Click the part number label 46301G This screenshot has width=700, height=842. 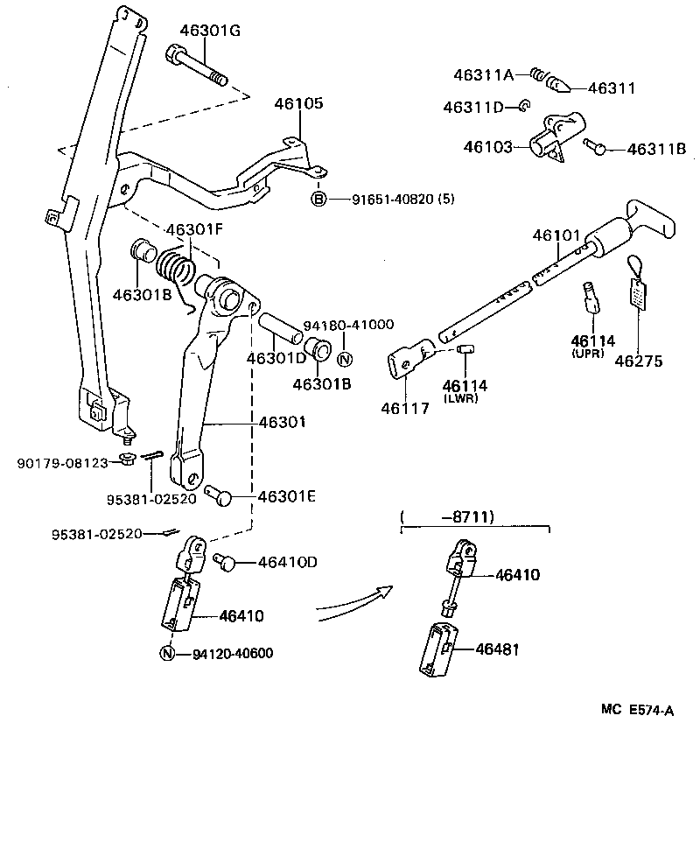210,31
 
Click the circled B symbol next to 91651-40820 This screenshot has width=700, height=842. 318,200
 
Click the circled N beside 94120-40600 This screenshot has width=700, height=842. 168,653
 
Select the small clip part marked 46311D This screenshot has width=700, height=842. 522,107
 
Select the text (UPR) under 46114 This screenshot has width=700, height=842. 593,353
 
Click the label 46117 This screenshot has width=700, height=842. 405,407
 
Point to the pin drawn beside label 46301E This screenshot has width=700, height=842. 219,495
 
